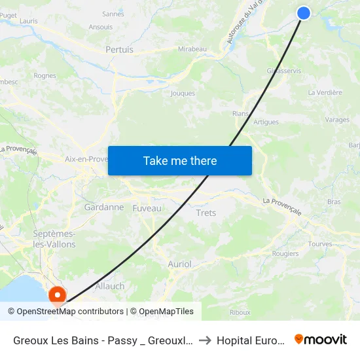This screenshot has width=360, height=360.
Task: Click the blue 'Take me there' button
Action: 180,160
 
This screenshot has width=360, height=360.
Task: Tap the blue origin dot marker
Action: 304,12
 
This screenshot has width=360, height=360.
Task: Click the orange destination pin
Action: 58,296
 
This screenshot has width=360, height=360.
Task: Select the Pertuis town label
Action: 119,49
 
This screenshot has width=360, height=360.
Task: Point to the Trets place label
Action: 206,213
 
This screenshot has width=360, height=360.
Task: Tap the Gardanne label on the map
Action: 104,207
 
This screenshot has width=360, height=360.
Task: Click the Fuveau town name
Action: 147,207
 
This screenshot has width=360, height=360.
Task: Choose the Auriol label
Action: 180,264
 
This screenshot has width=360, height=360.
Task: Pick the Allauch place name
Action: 110,286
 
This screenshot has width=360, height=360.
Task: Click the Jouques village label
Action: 183,94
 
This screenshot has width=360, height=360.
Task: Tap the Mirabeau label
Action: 192,49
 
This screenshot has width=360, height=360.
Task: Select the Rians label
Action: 240,113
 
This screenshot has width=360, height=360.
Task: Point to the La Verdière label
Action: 325,92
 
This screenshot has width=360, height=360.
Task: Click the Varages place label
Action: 337,120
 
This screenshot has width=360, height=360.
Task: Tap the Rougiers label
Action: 285,254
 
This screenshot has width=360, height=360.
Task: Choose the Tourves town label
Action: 320,244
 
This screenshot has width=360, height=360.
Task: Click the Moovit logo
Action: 321,339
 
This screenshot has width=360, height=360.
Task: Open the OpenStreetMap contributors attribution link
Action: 70,312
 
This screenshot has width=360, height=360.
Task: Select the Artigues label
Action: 266,122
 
